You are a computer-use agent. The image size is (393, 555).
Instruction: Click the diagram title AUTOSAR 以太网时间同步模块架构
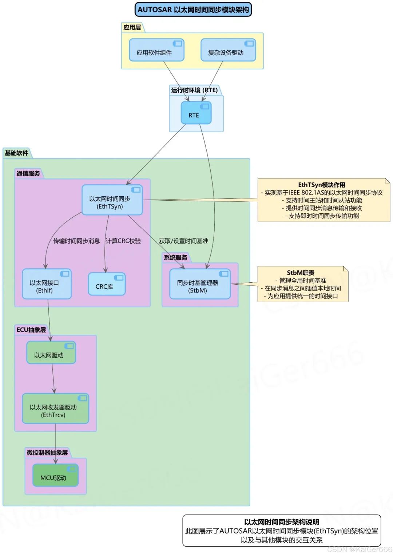click(193, 10)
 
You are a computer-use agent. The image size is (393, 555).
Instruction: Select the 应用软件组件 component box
click(156, 50)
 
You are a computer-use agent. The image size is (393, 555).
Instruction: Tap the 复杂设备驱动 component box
click(228, 50)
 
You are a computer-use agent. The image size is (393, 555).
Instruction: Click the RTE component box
click(196, 113)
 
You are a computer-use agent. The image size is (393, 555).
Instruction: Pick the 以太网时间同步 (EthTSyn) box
click(112, 200)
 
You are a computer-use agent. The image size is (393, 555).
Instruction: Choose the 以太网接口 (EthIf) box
click(47, 284)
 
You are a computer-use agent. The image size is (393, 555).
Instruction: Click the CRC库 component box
click(107, 284)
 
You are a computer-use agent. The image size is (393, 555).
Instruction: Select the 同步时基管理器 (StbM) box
click(200, 284)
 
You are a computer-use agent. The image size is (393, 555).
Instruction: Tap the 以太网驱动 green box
click(51, 353)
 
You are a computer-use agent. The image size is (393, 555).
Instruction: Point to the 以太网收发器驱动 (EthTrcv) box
click(55, 409)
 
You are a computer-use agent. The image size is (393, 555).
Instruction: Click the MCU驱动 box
click(55, 475)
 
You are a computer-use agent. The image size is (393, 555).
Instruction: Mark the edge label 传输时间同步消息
click(76, 241)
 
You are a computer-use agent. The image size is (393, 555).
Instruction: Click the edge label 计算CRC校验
click(123, 241)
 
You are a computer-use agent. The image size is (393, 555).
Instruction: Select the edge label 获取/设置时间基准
click(183, 241)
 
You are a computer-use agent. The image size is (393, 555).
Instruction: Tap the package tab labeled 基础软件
click(17, 153)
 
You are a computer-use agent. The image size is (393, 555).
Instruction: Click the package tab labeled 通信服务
click(28, 173)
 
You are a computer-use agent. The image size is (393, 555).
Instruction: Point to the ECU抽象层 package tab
click(31, 330)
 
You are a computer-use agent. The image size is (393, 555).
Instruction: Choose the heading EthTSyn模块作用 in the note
click(321, 185)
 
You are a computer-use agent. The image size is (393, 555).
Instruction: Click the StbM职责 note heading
click(301, 273)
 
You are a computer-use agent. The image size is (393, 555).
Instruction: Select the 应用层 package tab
click(132, 27)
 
